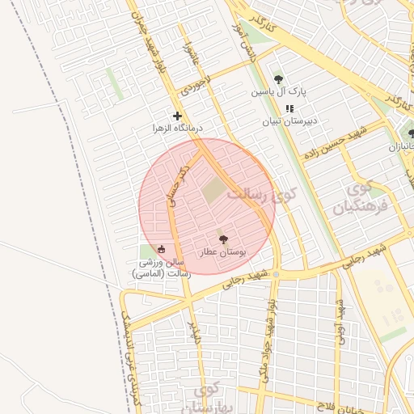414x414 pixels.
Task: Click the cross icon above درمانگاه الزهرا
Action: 177,116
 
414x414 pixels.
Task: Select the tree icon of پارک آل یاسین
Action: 279,79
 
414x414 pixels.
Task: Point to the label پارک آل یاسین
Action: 279,92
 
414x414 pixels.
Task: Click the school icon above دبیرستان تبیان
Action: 289,109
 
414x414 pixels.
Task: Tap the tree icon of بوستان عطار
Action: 223,239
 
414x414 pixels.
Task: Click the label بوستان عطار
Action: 223,253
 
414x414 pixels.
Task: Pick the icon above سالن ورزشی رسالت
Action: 161,249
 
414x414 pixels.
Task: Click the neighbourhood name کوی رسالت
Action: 262,195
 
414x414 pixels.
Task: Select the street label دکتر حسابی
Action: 177,187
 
